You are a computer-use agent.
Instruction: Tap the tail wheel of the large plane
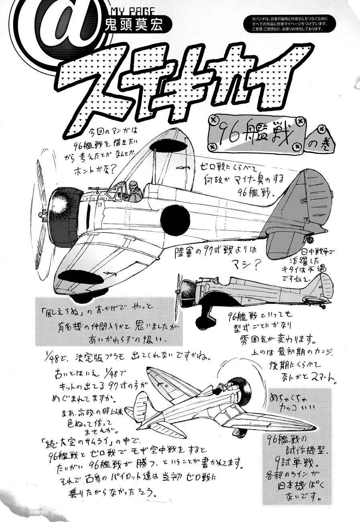point(310,240)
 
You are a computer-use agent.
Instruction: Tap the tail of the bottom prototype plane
point(141,400)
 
